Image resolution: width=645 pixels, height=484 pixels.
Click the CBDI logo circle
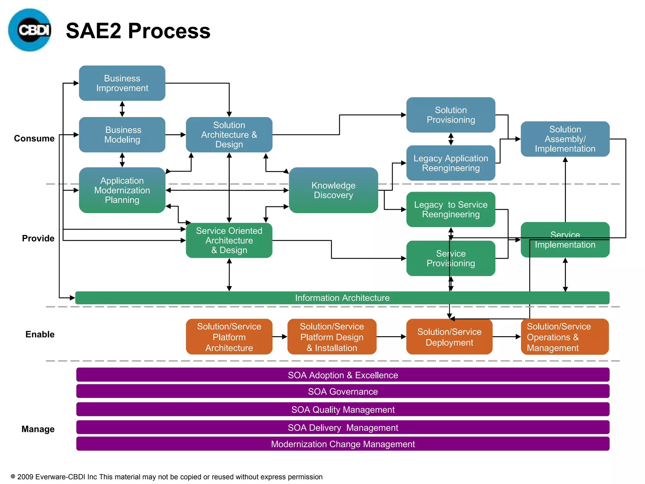pyautogui.click(x=30, y=30)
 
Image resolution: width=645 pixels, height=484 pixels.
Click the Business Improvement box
pyautogui.click(x=122, y=83)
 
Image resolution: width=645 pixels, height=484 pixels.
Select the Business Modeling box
pyautogui.click(x=122, y=135)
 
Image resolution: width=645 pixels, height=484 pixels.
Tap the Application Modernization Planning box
pyautogui.click(x=122, y=190)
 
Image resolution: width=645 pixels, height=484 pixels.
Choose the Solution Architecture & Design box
pyautogui.click(x=229, y=135)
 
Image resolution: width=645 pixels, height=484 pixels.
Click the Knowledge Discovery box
pyautogui.click(x=333, y=190)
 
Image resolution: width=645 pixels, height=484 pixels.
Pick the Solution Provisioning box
pyautogui.click(x=450, y=115)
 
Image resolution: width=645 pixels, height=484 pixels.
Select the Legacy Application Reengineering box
pyautogui.click(x=450, y=163)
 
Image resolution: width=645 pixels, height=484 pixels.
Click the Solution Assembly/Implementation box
pyautogui.click(x=565, y=139)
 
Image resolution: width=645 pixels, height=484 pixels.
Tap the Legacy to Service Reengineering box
pyautogui.click(x=450, y=209)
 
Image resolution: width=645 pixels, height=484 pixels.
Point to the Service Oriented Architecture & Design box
pyautogui.click(x=229, y=240)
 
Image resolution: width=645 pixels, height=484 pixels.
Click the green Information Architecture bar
pyautogui.click(x=342, y=298)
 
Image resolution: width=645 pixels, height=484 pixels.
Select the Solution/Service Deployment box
pyautogui.click(x=449, y=337)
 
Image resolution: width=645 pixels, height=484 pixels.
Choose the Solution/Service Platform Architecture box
pyautogui.click(x=229, y=337)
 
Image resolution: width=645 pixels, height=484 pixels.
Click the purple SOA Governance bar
pyautogui.click(x=343, y=391)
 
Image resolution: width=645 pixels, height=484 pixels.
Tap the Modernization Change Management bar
pyautogui.click(x=343, y=444)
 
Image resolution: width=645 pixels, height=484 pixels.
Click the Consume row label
pyautogui.click(x=34, y=138)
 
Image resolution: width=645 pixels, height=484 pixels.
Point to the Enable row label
pyautogui.click(x=40, y=334)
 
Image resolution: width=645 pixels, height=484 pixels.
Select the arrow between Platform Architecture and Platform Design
pyautogui.click(x=280, y=337)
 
